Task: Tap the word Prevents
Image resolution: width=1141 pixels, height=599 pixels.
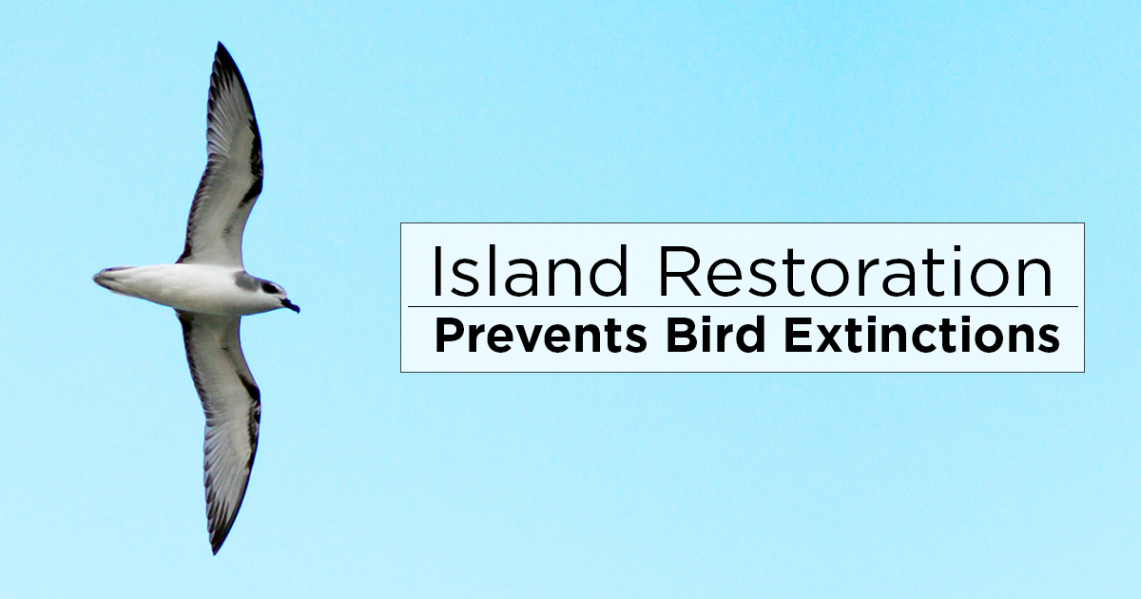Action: pyautogui.click(x=531, y=338)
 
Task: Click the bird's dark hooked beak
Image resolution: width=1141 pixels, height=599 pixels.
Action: pyautogui.click(x=291, y=305)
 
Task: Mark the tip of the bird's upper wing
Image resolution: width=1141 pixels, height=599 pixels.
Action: pyautogui.click(x=219, y=45)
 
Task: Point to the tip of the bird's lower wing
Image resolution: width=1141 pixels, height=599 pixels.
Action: pyautogui.click(x=215, y=550)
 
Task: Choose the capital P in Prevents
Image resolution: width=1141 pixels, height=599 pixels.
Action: pyautogui.click(x=445, y=338)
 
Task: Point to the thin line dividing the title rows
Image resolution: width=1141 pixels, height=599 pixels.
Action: pyautogui.click(x=742, y=306)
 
